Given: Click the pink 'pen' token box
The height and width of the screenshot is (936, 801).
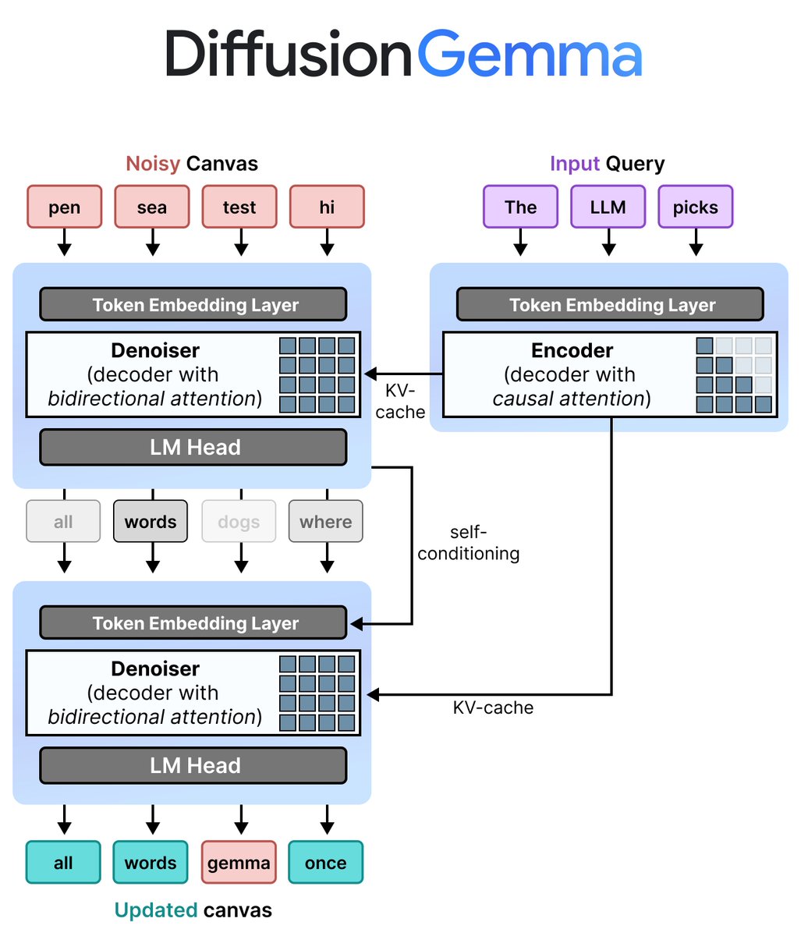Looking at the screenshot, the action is point(64,207).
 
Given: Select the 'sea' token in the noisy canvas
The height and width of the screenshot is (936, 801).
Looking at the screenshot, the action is point(152,207).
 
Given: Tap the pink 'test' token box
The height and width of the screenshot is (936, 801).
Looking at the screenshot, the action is point(239,207).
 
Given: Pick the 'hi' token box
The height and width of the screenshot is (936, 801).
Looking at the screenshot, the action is point(327,207).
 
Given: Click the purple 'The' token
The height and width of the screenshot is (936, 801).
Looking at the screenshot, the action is point(521,207).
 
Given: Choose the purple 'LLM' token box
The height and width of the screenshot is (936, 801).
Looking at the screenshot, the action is point(608,207).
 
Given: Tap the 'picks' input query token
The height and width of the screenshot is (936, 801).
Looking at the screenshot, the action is point(696,207).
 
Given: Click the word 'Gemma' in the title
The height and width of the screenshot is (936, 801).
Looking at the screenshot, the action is point(530,54).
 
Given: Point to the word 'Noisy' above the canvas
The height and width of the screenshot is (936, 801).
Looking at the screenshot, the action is point(153,164).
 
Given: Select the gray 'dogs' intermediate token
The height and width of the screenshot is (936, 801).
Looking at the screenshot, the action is point(239,521).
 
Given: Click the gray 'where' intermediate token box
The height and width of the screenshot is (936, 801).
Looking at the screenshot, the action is point(325,521).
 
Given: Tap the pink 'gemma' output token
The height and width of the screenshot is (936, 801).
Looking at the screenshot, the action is point(239,862).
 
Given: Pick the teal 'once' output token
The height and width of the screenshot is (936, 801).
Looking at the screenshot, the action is point(325,862).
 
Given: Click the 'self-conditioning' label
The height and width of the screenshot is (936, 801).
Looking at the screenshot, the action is point(468,543).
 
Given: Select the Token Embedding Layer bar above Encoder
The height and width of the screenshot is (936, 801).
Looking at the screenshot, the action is point(610,304).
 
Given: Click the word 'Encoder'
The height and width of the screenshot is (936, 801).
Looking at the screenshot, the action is point(572,350).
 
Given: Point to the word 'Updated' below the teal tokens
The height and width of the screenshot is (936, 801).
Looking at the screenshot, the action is point(156,910).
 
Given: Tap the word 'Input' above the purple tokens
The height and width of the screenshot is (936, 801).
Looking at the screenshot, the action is point(575,164).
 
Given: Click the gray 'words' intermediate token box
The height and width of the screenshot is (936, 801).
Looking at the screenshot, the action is point(151,521).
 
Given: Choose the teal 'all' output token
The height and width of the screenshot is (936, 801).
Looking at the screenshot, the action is point(63,862).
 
